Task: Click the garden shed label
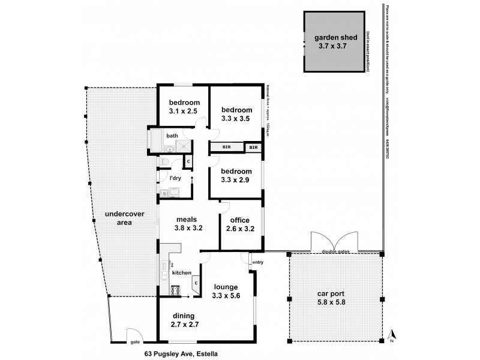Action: tap(335, 37)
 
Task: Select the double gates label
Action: tap(335, 252)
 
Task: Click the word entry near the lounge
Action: tap(258, 262)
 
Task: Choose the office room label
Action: tap(240, 220)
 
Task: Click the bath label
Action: tap(172, 136)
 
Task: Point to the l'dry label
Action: tap(175, 178)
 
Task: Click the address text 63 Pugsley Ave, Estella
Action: tap(181, 353)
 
